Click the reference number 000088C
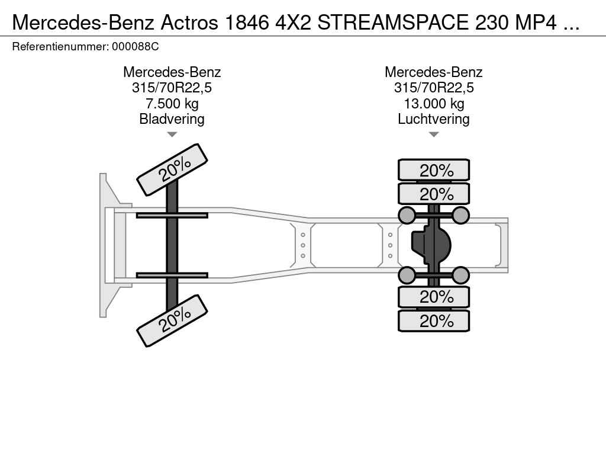136,47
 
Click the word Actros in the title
189,23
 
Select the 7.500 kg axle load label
172,104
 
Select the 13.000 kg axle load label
434,104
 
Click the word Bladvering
172,119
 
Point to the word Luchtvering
434,119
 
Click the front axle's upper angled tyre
172,170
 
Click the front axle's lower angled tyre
172,321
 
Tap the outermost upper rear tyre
434,170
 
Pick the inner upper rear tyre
434,194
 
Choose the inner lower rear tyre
434,297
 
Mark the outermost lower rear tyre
434,321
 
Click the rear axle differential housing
431,245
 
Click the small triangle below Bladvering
172,134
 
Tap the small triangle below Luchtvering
434,134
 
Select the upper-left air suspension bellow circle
407,215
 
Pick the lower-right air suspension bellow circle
460,275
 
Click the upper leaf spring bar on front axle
172,215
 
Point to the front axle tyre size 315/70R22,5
172,88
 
